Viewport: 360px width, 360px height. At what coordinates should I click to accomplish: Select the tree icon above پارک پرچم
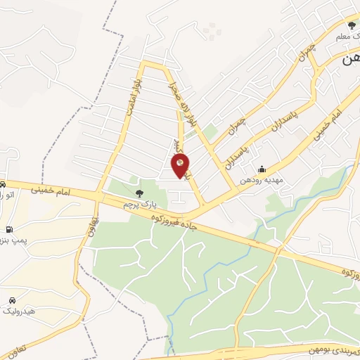pos(139,192)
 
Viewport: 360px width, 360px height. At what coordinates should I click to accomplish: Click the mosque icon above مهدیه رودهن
pos(262,169)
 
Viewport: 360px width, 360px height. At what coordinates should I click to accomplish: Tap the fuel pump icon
pos(8,229)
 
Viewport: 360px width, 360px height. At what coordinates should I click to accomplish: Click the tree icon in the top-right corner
pos(352,26)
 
